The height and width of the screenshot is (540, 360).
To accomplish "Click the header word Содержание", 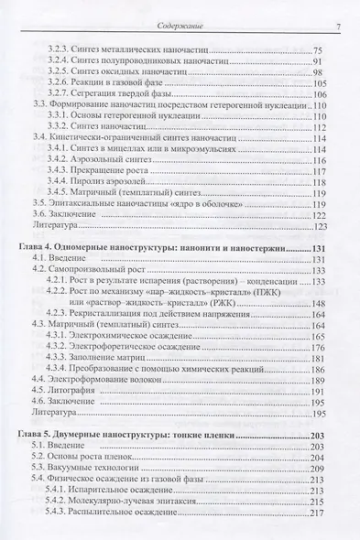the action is [x=180, y=9].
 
